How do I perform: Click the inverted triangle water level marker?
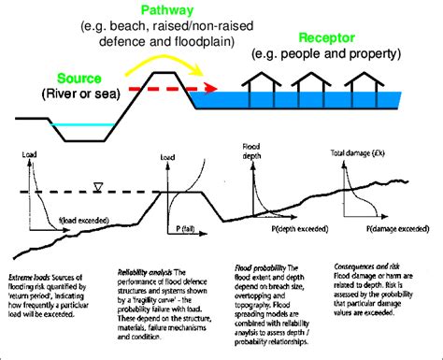(x=97, y=188)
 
